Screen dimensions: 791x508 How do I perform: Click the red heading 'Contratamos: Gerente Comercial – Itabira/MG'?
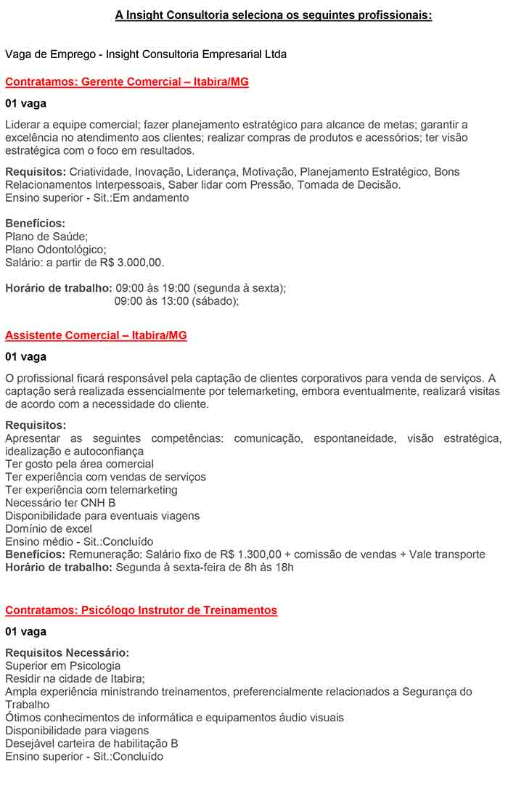[x=127, y=82]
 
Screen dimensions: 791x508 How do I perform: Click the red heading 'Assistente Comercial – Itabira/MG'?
[x=96, y=335]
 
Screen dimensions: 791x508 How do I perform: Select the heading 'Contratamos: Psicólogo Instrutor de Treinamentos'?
[x=141, y=610]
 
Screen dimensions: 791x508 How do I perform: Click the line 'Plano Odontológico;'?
[x=56, y=249]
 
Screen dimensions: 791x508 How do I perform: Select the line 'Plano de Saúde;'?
[x=46, y=236]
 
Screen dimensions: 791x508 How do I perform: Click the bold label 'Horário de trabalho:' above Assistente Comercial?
[x=59, y=288]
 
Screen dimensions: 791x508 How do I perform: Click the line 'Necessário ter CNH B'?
[x=60, y=503]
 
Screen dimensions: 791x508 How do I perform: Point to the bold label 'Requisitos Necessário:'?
[x=67, y=653]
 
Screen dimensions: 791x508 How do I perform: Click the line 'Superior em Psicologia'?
[x=63, y=666]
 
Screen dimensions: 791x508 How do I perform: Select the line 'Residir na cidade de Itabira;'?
[x=75, y=679]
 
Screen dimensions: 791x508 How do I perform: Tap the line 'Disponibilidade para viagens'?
[x=77, y=731]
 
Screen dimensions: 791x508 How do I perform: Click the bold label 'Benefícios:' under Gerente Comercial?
[x=35, y=224]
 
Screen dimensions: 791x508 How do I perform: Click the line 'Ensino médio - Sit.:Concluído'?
[x=79, y=541]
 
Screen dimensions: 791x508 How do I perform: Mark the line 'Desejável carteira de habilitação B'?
[x=91, y=744]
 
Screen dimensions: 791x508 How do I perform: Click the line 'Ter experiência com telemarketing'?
[x=91, y=490]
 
